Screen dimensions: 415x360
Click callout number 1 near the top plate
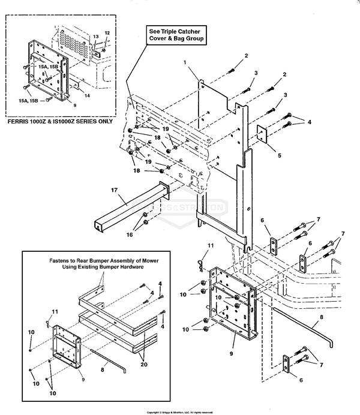pyautogui.click(x=185, y=63)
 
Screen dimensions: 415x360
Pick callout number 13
pyautogui.click(x=95, y=37)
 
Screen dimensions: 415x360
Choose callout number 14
pyautogui.click(x=87, y=96)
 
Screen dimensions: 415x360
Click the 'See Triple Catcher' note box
pyautogui.click(x=174, y=34)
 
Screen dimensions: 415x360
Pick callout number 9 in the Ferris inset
pyautogui.click(x=74, y=105)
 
